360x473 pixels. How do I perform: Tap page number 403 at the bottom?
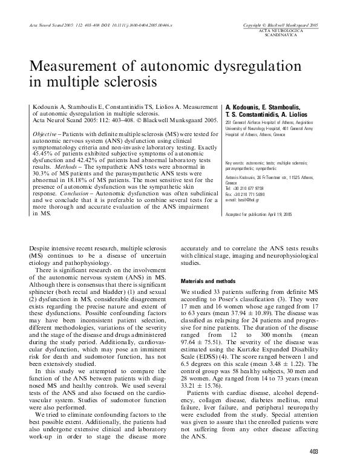point(313,451)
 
